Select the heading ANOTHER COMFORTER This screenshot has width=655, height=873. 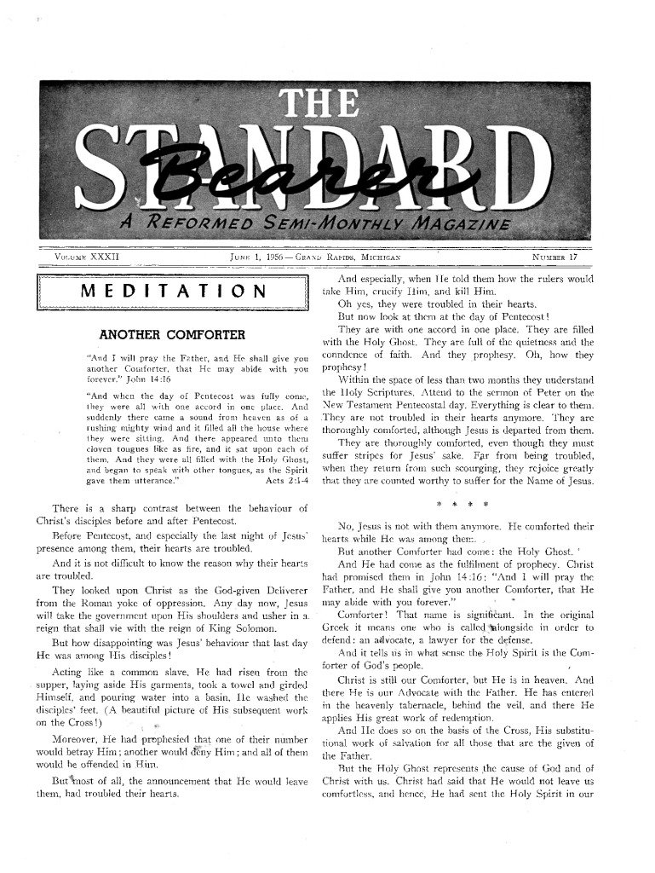173,334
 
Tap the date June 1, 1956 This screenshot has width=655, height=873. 258,256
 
